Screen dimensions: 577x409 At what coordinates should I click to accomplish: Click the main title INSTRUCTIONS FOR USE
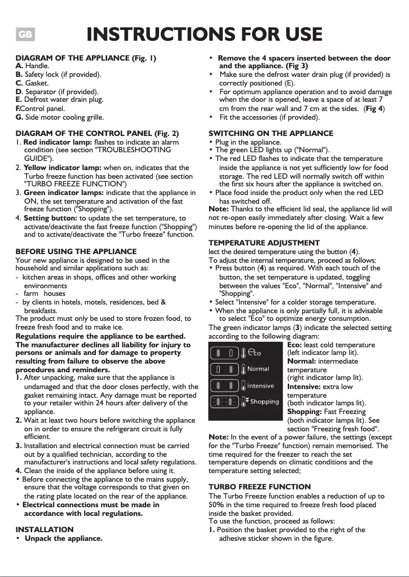pyautogui.click(x=205, y=34)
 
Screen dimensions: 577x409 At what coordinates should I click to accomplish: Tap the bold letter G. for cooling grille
pyautogui.click(x=19, y=117)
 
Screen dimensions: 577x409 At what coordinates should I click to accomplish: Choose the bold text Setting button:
pyautogui.click(x=50, y=218)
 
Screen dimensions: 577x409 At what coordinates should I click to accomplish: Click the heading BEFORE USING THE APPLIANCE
pyautogui.click(x=76, y=252)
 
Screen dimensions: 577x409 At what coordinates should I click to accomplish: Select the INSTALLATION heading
pyautogui.click(x=44, y=530)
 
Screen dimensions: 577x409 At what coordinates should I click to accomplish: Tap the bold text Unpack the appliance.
pyautogui.click(x=63, y=538)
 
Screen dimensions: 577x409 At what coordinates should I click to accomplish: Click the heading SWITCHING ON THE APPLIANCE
pyautogui.click(x=271, y=133)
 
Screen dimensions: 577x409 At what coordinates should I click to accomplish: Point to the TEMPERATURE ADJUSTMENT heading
pyautogui.click(x=264, y=243)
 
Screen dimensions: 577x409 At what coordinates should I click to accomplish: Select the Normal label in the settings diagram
pyautogui.click(x=258, y=369)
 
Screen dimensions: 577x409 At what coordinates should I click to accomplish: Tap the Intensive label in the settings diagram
pyautogui.click(x=261, y=386)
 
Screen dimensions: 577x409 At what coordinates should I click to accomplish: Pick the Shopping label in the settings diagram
pyautogui.click(x=264, y=401)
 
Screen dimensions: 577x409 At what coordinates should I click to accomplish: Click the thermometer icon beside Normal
pyautogui.click(x=244, y=369)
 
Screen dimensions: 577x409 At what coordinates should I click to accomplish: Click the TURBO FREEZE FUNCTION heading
pyautogui.click(x=260, y=487)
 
